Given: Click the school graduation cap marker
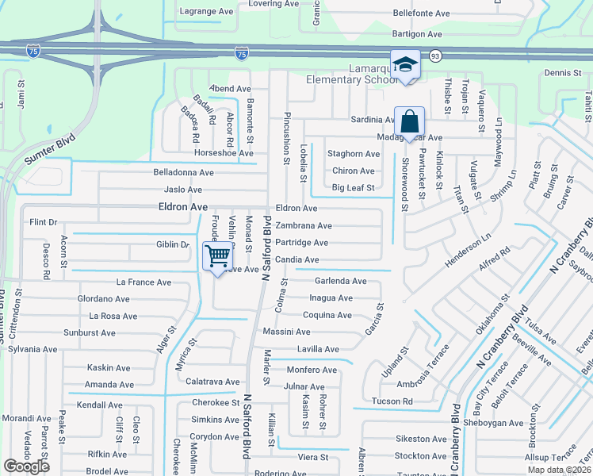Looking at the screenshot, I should point(405,64).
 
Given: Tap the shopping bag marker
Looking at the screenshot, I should point(409,122).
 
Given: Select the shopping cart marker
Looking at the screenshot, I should point(217,255).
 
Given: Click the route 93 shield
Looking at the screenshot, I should point(435,56).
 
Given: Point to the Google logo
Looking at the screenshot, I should point(26,466).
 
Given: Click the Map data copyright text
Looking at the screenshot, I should point(560,470).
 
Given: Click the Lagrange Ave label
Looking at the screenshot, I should point(206,12).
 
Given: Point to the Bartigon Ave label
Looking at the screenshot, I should point(418,34).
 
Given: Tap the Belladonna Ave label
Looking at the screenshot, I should point(184,172).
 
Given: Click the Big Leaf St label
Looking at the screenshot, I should point(353,188).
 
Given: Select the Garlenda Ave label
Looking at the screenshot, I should point(341,281).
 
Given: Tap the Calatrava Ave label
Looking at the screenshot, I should point(212,382).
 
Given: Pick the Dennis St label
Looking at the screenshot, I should point(563,73).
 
